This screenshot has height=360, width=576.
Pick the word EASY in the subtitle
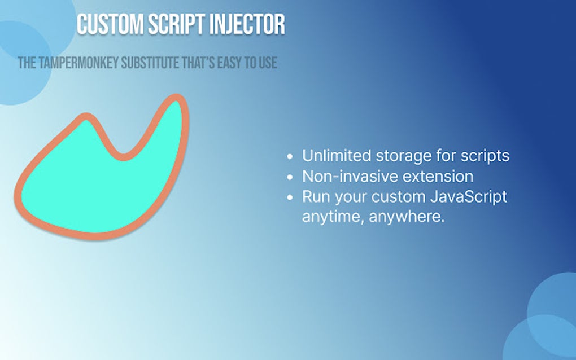tap(228, 63)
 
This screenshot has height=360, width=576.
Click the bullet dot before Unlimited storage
tap(290, 156)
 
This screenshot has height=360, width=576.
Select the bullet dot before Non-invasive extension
tap(290, 177)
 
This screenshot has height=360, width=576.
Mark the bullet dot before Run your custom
tap(290, 197)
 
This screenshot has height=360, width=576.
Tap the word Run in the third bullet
tap(315, 197)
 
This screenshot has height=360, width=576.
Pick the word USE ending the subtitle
tap(267, 63)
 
